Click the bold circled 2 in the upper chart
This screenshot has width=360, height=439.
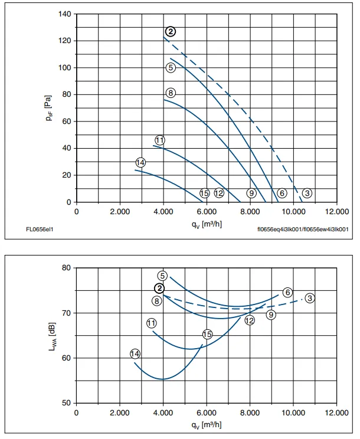pos(171,32)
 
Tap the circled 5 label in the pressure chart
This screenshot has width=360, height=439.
pos(171,67)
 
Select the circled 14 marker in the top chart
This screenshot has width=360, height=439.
pos(140,162)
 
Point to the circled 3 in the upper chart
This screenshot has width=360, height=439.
pos(307,193)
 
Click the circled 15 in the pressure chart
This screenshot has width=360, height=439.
pos(205,193)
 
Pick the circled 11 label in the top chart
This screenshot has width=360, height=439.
pos(160,140)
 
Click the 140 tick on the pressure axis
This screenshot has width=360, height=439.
pos(65,14)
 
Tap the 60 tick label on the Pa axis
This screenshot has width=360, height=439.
pos(67,121)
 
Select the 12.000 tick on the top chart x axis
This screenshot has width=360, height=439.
pos(337,211)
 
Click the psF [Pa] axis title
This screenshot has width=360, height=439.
pos(48,108)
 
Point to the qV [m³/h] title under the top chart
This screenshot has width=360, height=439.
pos(207,224)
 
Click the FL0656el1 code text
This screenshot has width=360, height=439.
pos(40,230)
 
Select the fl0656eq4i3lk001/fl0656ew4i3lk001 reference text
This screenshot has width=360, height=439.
pos(303,230)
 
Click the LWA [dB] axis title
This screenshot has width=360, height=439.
pos(53,337)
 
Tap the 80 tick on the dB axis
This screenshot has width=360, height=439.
pos(67,268)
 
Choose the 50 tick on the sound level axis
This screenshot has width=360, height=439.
pos(67,403)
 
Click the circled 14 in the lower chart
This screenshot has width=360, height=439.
pos(135,354)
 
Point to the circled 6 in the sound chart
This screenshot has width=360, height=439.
pos(287,293)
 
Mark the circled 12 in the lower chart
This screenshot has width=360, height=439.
pos(250,320)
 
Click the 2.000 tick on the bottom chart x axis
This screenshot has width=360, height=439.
pos(120,412)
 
